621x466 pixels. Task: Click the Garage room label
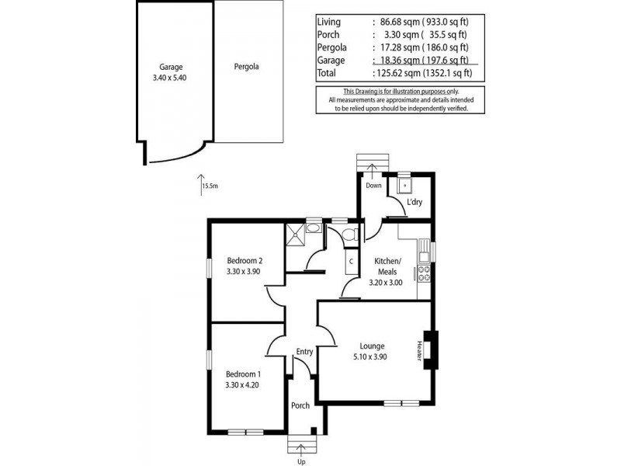tap(172, 67)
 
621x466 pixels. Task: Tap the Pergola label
tap(246, 67)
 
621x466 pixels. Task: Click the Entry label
tap(304, 352)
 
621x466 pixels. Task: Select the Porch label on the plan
tap(300, 405)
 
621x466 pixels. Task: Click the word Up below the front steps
tap(302, 461)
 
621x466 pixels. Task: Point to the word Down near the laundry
tap(373, 186)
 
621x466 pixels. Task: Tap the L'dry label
tap(414, 202)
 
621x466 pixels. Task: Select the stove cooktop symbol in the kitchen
tap(424, 273)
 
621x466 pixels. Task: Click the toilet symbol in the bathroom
tap(349, 234)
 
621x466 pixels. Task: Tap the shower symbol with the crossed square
tap(296, 235)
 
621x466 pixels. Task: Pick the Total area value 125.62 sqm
tap(401, 74)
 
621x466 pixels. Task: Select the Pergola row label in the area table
tap(331, 47)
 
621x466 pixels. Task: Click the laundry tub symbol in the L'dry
tap(404, 187)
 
